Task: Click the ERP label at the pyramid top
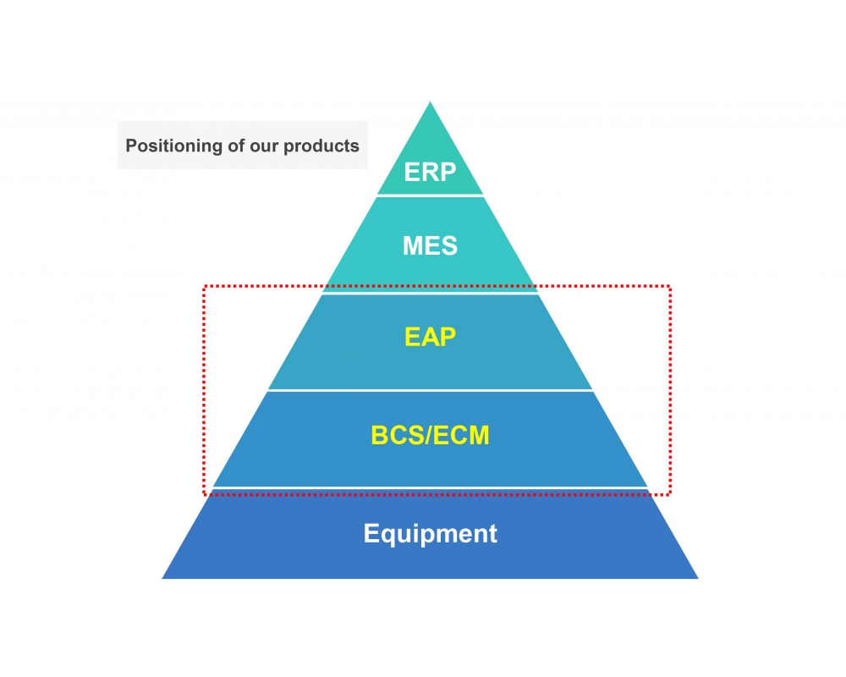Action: tap(430, 172)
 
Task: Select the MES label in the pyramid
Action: tap(430, 246)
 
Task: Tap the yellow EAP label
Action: tap(430, 337)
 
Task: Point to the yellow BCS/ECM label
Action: tap(430, 436)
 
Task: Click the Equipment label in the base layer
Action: tap(430, 534)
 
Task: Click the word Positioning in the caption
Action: tap(173, 146)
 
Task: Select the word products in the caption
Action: tap(321, 146)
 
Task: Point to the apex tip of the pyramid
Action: tap(431, 103)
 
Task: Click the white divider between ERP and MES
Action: tap(430, 195)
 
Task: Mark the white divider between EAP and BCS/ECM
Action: tap(430, 390)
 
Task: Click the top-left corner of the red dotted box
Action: tap(204, 286)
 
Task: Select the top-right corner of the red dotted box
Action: tap(670, 286)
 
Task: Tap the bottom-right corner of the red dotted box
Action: tap(670, 494)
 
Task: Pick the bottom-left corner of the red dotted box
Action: tap(204, 494)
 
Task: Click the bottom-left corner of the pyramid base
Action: tap(163, 578)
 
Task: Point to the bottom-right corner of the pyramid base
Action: tap(697, 578)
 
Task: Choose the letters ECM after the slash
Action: tap(464, 436)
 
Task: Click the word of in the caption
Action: tap(236, 146)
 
